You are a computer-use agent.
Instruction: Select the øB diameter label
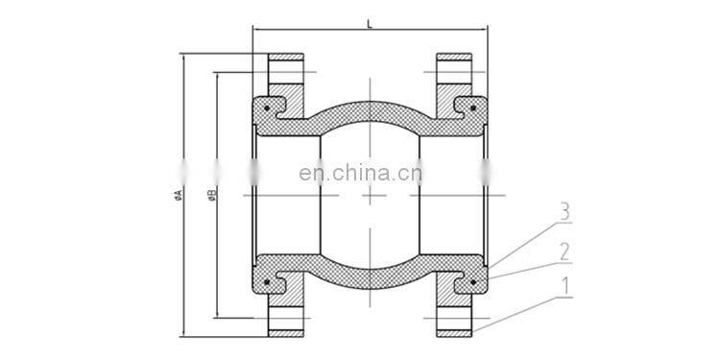[x=211, y=195]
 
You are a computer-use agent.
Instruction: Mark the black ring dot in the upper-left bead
[x=265, y=109]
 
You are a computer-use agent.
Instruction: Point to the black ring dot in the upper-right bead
[x=473, y=109]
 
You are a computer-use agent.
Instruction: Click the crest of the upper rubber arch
[x=370, y=104]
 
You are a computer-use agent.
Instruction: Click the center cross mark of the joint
[x=370, y=195]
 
